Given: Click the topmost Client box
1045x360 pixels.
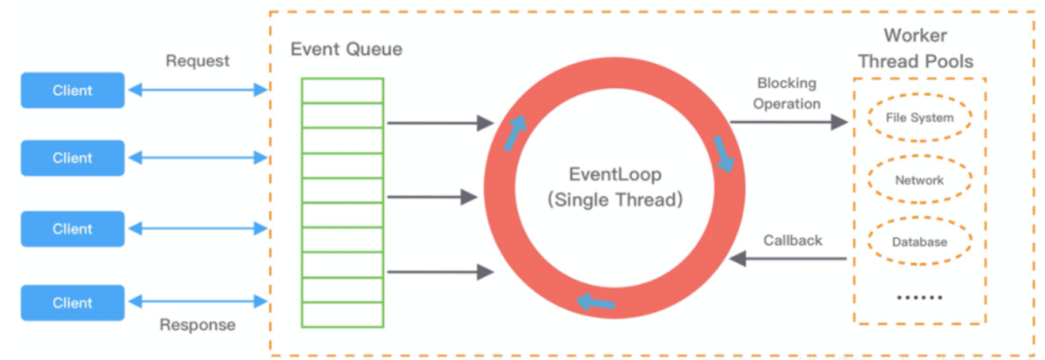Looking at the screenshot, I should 73,90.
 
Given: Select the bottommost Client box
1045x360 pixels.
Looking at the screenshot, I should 73,302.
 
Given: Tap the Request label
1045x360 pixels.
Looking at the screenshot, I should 197,61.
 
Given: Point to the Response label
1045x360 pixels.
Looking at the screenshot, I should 197,325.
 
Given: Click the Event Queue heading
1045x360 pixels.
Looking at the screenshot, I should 346,48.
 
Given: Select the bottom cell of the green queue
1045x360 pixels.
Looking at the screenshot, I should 343,314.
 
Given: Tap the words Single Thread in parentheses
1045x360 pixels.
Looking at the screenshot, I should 614,200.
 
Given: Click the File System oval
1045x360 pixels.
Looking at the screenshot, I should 919,118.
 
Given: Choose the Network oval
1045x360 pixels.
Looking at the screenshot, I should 919,180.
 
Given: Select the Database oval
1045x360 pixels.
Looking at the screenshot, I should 919,242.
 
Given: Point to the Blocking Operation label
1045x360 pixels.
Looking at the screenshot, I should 788,94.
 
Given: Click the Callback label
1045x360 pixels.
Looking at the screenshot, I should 792,240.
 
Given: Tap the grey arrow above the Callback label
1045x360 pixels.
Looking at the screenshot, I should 788,258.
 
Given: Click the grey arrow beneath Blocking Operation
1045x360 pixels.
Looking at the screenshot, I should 788,123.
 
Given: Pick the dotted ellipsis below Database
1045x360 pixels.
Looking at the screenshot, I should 919,297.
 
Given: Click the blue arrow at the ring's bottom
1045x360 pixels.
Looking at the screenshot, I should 596,303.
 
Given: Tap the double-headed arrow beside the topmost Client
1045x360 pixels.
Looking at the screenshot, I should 197,90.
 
